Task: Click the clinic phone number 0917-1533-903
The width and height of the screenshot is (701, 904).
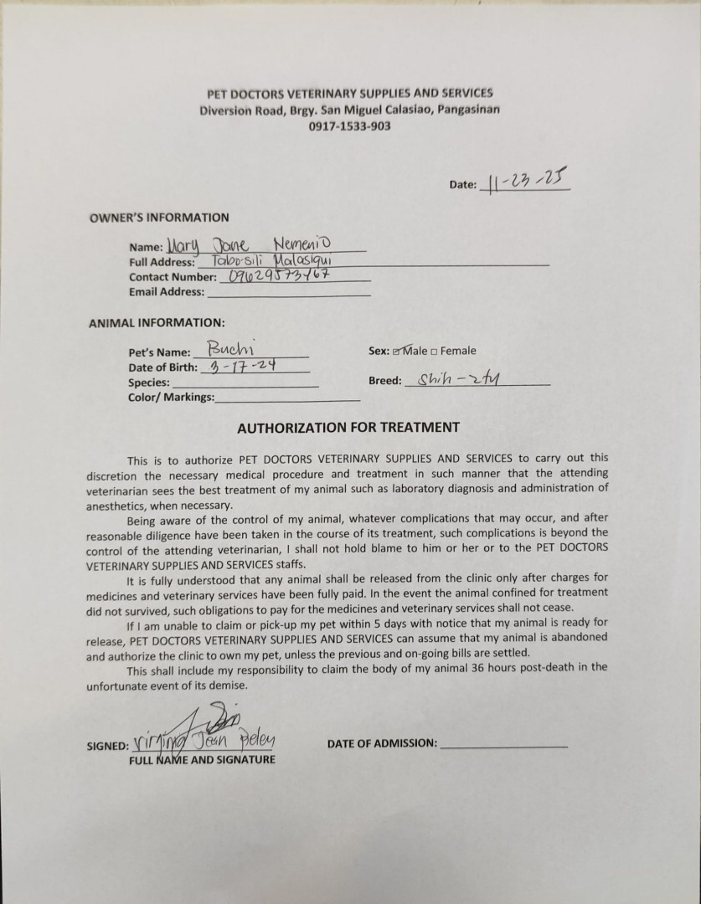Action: pyautogui.click(x=349, y=126)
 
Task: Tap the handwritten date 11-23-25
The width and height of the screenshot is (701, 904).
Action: pyautogui.click(x=525, y=181)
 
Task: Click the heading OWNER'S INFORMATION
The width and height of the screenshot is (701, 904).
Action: pyautogui.click(x=159, y=218)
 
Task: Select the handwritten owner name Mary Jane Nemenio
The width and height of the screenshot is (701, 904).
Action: pyautogui.click(x=249, y=244)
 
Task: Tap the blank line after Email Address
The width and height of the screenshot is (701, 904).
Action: pyautogui.click(x=288, y=293)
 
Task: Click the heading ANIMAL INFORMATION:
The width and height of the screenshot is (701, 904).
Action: pyautogui.click(x=156, y=322)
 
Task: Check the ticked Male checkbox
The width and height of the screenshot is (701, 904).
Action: pyautogui.click(x=397, y=352)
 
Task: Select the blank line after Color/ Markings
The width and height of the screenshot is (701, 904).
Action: pyautogui.click(x=287, y=398)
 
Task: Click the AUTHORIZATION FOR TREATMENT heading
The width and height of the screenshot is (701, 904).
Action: pyautogui.click(x=348, y=427)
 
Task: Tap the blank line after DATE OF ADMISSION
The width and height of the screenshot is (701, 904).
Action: pyautogui.click(x=503, y=743)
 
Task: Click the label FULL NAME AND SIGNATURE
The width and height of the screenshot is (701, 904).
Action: pyautogui.click(x=201, y=760)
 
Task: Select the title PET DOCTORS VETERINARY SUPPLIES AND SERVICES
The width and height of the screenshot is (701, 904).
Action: pyautogui.click(x=350, y=93)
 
